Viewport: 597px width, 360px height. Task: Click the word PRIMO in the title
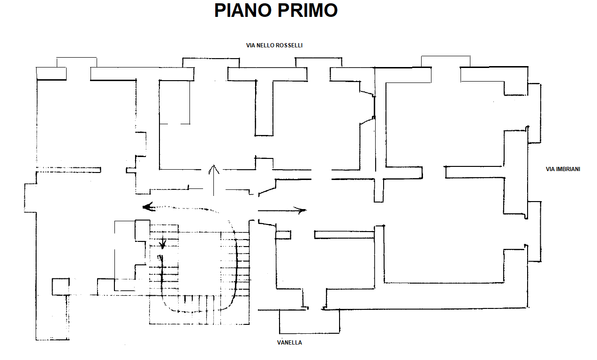[x=308, y=11]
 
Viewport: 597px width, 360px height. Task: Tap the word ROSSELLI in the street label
[x=289, y=45]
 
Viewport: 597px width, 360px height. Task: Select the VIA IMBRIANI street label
[x=563, y=169]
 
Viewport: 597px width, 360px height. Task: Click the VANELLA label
[x=289, y=343]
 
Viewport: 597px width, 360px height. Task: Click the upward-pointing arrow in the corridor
[x=214, y=180]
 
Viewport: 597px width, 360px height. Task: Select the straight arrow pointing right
[x=282, y=210]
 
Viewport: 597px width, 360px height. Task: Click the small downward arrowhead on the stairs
[x=163, y=244]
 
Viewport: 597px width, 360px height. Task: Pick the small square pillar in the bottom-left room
[x=61, y=287]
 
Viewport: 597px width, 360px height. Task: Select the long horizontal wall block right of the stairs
[x=344, y=235]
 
